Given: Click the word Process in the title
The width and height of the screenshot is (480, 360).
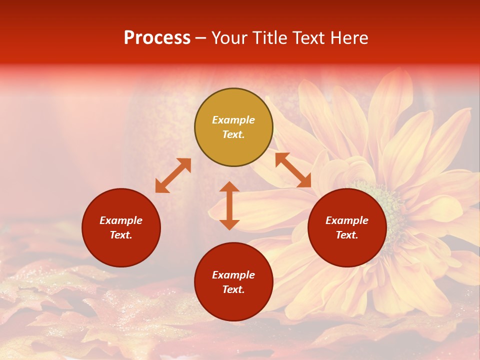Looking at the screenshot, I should click(x=157, y=38).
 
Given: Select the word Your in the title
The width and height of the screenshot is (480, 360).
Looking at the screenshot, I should click(x=229, y=38).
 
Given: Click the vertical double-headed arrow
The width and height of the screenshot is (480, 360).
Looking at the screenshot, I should click(x=229, y=205).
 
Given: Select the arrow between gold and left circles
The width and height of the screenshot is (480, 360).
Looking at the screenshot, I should click(x=173, y=175).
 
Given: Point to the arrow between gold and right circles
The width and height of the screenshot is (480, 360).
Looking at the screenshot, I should click(x=293, y=170).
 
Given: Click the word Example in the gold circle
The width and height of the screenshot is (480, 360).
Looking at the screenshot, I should click(x=233, y=120).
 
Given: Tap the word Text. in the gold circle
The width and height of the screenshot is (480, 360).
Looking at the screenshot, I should click(x=233, y=134).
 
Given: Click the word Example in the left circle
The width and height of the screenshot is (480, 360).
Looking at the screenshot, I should click(x=121, y=220).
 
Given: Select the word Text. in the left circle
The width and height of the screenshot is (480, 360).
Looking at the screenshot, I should click(x=121, y=235).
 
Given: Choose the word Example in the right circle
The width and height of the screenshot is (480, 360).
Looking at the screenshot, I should click(x=347, y=220).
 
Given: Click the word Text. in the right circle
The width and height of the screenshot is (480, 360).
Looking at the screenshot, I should click(x=347, y=235).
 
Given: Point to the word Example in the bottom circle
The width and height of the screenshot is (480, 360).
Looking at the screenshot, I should click(x=233, y=275).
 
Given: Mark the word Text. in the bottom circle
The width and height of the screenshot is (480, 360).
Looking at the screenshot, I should click(x=233, y=289).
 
